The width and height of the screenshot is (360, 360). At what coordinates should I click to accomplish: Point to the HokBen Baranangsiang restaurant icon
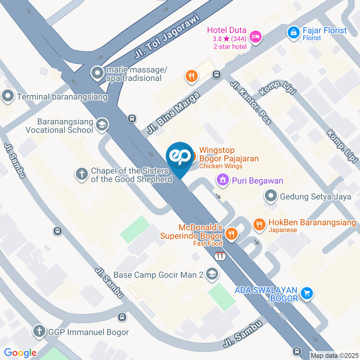(259, 225)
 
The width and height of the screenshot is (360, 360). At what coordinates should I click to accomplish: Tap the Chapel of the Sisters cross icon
(81, 174)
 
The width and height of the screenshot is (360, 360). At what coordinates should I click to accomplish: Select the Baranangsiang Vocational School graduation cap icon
(101, 125)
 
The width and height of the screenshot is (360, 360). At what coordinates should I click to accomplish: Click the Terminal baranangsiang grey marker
(8, 96)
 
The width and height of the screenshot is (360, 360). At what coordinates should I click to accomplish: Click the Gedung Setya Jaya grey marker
(271, 196)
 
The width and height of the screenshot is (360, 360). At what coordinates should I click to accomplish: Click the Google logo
(20, 352)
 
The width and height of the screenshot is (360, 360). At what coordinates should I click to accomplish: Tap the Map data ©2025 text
(334, 355)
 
